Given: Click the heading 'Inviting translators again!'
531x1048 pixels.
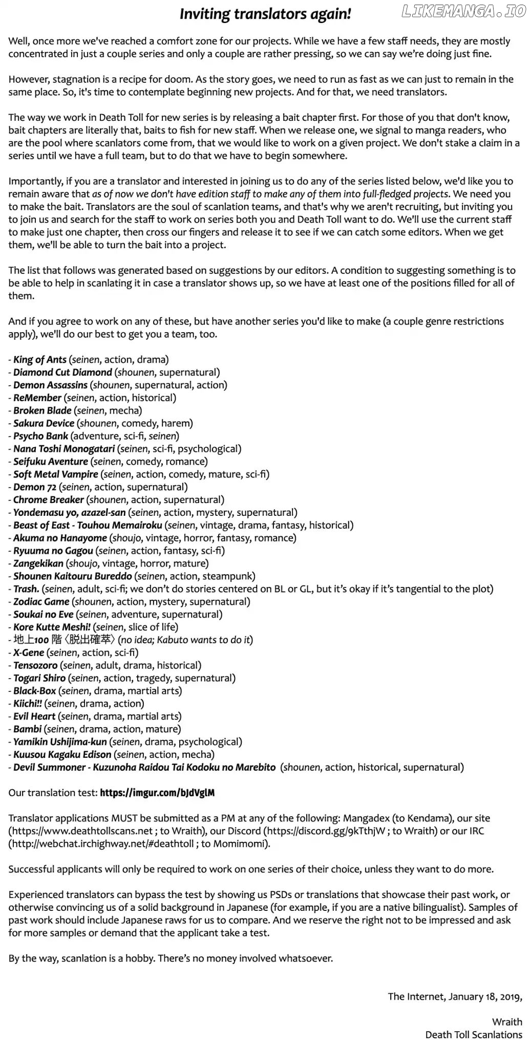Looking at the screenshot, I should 265,14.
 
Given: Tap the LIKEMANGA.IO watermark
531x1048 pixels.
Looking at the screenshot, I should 464,11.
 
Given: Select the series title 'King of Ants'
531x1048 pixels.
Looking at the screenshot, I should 40,360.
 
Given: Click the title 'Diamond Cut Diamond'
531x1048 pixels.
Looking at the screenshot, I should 62,373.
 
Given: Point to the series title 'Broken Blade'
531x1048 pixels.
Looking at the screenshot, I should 43,410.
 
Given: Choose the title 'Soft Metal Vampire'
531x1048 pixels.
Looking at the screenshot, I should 56,474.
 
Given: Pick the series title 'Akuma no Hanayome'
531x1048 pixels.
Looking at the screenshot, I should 60,538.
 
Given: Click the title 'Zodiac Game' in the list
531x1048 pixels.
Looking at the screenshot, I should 41,602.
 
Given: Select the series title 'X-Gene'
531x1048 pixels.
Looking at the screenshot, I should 29,652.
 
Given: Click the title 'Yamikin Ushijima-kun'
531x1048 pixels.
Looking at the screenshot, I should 60,742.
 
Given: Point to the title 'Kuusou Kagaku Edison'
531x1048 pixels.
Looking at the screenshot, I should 62,755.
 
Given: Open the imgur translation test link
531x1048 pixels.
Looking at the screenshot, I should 157,793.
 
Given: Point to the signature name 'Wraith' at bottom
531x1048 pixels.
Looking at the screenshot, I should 507,1022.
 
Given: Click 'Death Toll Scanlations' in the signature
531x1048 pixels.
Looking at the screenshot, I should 474,1035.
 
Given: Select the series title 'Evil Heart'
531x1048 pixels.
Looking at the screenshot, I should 34,716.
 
